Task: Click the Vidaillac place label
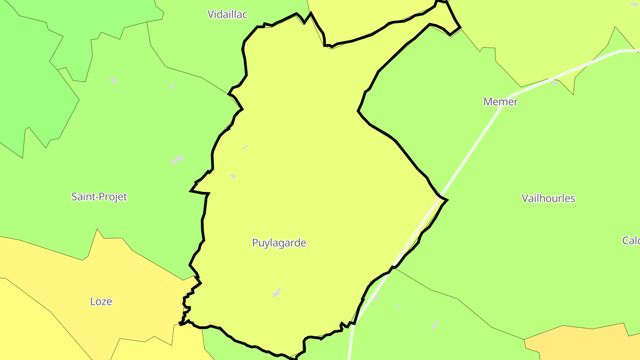pos(227,14)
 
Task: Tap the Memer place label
pos(500,102)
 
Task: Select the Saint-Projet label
pos(99,196)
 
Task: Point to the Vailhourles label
pos(548,198)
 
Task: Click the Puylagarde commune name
pos(279,243)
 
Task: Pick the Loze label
pos(101,301)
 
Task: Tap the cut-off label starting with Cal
pos(631,240)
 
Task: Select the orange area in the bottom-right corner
pos(587,344)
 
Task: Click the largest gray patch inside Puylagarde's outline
pos(276,292)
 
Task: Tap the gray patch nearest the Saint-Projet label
pos(177,160)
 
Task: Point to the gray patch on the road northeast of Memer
pos(554,82)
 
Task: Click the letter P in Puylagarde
pos(255,243)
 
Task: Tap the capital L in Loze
pos(92,301)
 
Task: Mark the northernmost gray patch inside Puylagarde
pos(245,147)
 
